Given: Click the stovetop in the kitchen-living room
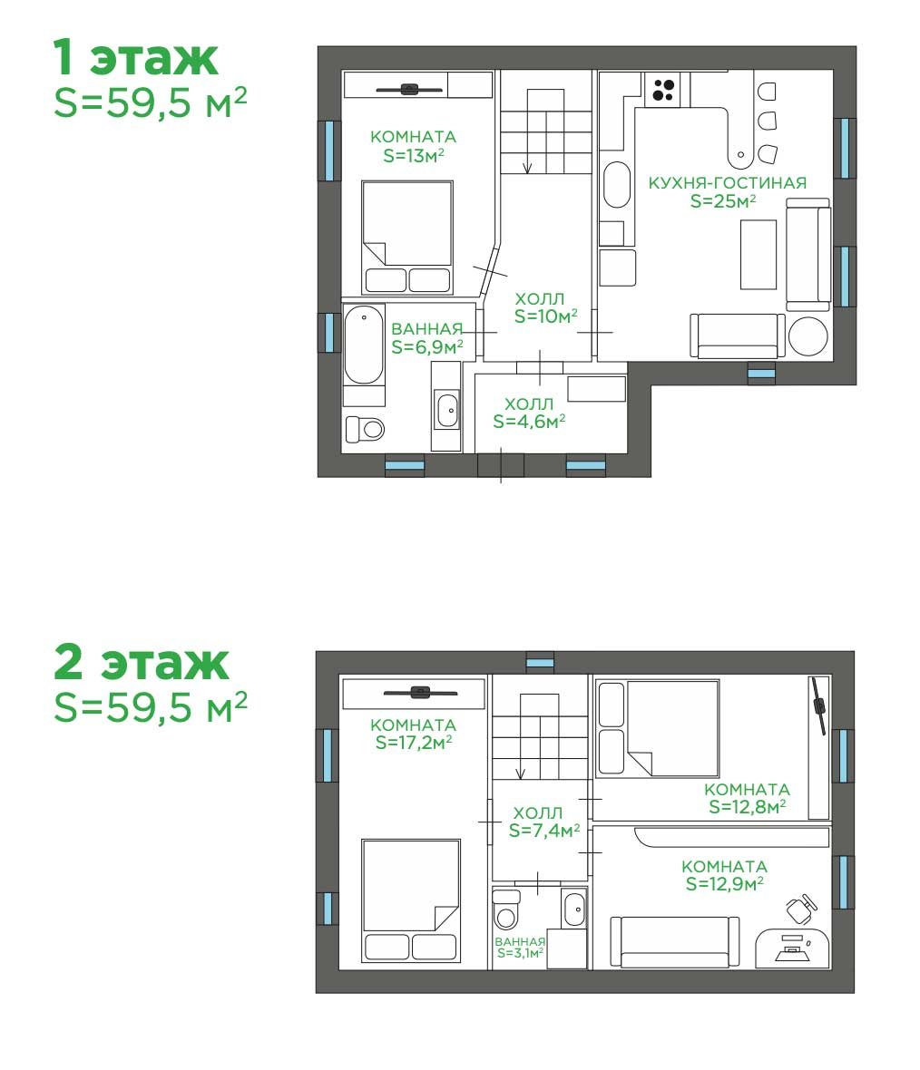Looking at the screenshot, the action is [x=663, y=90].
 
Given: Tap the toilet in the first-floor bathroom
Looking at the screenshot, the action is [x=365, y=429].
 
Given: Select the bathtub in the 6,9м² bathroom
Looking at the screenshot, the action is [x=363, y=345].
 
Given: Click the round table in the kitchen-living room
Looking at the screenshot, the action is [x=808, y=336].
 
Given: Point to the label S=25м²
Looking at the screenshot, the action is [x=722, y=200].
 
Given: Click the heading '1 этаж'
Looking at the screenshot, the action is [x=135, y=57].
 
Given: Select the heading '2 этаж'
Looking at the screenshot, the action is [x=141, y=662].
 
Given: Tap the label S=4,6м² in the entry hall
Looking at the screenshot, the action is [x=529, y=421].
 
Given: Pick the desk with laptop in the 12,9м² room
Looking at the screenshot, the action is [x=793, y=948].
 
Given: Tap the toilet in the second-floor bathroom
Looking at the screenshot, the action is [x=506, y=909].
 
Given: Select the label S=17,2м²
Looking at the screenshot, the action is [x=413, y=742].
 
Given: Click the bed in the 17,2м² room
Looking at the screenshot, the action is [x=410, y=900].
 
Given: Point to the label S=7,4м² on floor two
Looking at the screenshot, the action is [x=544, y=830].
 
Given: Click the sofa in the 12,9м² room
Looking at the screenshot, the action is [x=675, y=942].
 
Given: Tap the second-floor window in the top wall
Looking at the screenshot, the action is [x=540, y=663].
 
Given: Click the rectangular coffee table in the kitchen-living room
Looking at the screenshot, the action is [x=759, y=255].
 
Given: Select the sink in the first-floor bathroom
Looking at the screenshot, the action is [x=447, y=410].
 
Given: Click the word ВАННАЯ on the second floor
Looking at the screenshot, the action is [x=521, y=942].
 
